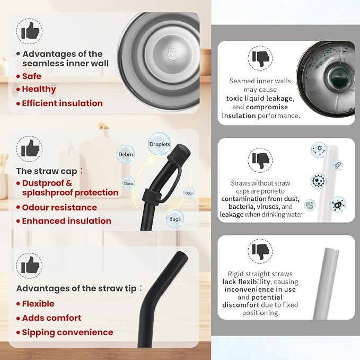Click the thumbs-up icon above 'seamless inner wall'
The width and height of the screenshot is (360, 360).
tap(29, 31)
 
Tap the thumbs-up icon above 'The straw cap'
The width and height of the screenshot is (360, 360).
tap(29, 148)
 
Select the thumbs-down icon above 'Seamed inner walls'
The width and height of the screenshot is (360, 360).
tap(260, 58)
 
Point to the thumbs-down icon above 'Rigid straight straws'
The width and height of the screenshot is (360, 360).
tap(260, 251)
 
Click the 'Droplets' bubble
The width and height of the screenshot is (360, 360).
tap(160, 144)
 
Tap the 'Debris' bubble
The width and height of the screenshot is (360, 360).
tap(126, 154)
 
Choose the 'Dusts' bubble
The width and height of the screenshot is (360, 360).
tap(128, 183)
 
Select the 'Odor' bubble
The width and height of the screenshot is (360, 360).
tap(189, 193)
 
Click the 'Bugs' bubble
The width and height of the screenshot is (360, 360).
tap(175, 219)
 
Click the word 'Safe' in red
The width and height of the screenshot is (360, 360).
tap(32, 76)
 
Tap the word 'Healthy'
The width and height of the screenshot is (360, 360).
tap(39, 89)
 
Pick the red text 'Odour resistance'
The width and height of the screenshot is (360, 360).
tap(59, 207)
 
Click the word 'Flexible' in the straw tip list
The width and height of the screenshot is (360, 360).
tap(38, 304)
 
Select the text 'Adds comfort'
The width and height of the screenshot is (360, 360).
tap(51, 318)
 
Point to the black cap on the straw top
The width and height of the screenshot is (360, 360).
tap(180, 153)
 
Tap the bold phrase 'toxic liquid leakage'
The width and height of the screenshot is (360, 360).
tap(259, 99)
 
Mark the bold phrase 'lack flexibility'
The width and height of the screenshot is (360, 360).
tap(246, 282)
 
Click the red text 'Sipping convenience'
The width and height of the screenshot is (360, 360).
tap(67, 332)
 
